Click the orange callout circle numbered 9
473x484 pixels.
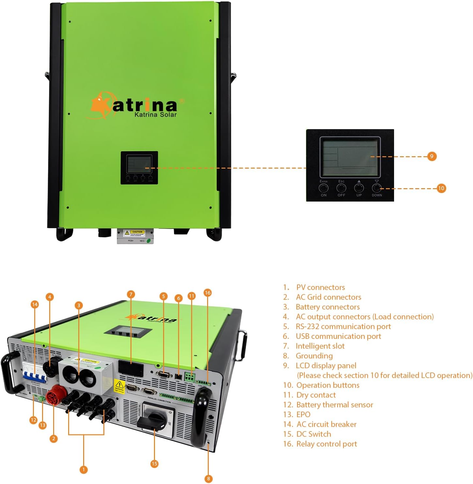(x=432, y=156)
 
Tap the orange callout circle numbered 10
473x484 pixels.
(x=441, y=188)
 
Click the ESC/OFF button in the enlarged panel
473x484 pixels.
(x=341, y=188)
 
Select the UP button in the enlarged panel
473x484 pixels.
(x=359, y=188)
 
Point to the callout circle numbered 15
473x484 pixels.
(x=154, y=463)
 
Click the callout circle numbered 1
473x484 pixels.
(x=84, y=470)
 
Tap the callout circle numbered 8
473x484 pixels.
(x=208, y=478)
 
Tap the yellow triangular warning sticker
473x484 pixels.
(x=119, y=386)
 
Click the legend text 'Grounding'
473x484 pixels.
(x=314, y=356)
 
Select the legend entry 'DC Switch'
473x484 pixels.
(x=313, y=434)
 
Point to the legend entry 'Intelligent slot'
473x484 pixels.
(x=320, y=346)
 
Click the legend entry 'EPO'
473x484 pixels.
(x=303, y=415)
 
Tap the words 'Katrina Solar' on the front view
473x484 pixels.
(x=156, y=114)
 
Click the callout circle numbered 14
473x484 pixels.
(x=35, y=304)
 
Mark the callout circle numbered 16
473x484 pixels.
(x=207, y=293)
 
